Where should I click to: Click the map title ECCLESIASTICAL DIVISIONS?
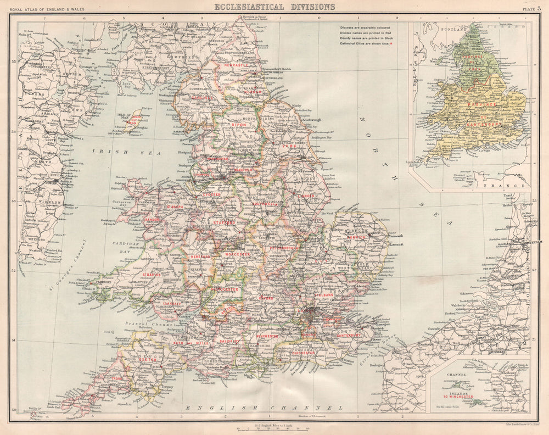pos(274,7)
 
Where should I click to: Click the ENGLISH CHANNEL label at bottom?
pos(264,408)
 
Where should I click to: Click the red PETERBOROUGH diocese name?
pos(284,248)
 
